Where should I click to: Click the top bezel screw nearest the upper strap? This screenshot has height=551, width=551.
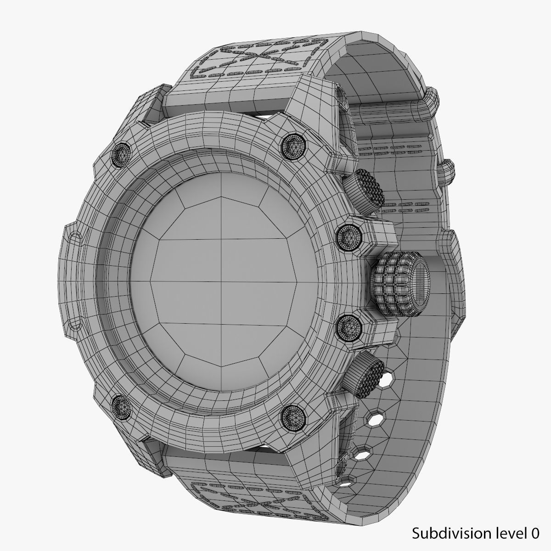click(291, 146)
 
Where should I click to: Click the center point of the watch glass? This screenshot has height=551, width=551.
click(222, 280)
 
